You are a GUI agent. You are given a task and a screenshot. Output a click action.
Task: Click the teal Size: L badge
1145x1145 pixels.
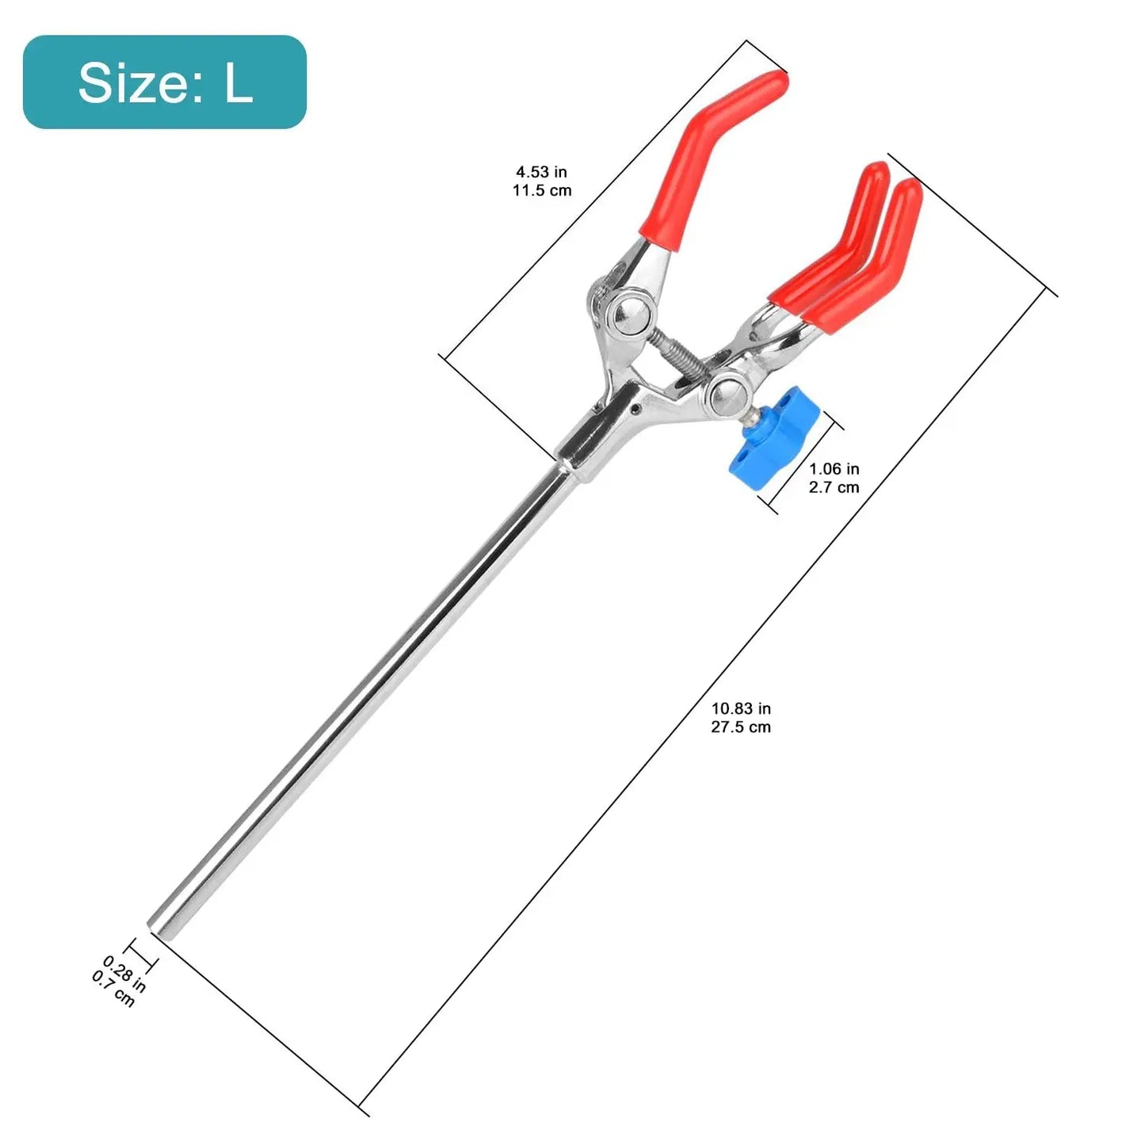pyautogui.click(x=165, y=82)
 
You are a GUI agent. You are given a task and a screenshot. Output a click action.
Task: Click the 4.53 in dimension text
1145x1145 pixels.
pyautogui.click(x=541, y=172)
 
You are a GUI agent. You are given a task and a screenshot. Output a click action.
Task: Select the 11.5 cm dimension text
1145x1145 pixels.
pyautogui.click(x=542, y=190)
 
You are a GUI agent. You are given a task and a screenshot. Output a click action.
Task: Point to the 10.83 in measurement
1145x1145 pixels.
pyautogui.click(x=741, y=708)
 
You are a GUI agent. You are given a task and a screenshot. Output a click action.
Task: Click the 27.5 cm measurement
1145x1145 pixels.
pyautogui.click(x=741, y=727)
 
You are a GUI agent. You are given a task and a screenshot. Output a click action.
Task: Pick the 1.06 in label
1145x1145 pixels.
pyautogui.click(x=834, y=469)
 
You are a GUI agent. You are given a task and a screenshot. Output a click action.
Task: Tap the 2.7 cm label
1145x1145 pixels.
pyautogui.click(x=834, y=487)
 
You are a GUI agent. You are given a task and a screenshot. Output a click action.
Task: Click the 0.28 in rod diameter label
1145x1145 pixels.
pyautogui.click(x=124, y=974)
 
